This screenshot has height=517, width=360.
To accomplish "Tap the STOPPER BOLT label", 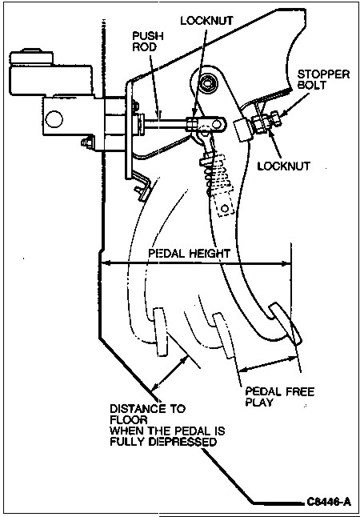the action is (x=323, y=79).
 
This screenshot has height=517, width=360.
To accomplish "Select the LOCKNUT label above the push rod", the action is (x=207, y=20).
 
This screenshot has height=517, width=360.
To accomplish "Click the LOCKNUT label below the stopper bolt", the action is (x=284, y=166).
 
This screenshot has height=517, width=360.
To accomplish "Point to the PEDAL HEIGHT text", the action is (x=189, y=254).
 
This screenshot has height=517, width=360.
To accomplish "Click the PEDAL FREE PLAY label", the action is (x=280, y=397).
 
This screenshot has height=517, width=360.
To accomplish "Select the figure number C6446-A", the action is (x=328, y=502).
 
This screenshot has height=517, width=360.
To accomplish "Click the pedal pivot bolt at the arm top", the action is (x=207, y=82).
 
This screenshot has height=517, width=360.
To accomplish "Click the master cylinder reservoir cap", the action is (x=31, y=57).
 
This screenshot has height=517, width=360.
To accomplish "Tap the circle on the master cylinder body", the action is (x=54, y=119).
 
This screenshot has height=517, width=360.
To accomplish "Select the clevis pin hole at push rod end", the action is (x=217, y=124).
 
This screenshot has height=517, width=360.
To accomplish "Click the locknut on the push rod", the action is (x=192, y=125).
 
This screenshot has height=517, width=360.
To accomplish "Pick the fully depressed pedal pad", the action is (x=161, y=332).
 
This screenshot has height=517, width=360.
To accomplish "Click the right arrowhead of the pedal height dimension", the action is (x=287, y=263).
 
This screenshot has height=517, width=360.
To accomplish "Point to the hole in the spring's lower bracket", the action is (x=225, y=208).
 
